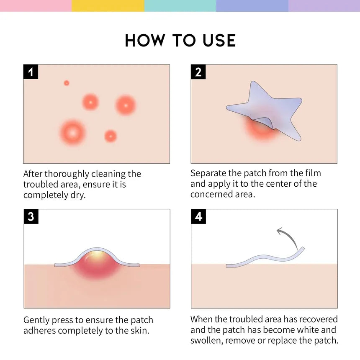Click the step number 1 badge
pyautogui.click(x=31, y=72)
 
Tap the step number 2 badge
pyautogui.click(x=198, y=72)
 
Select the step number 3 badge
pyautogui.click(x=31, y=217)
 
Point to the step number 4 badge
pyautogui.click(x=198, y=217)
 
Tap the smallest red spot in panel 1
pyautogui.click(x=66, y=83)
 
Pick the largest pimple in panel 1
pyautogui.click(x=72, y=133)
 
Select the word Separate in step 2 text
pyautogui.click(x=209, y=173)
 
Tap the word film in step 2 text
pyautogui.click(x=313, y=173)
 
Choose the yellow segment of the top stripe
pyautogui.click(x=108, y=5)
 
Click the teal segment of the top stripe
pyautogui.click(x=180, y=5)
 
